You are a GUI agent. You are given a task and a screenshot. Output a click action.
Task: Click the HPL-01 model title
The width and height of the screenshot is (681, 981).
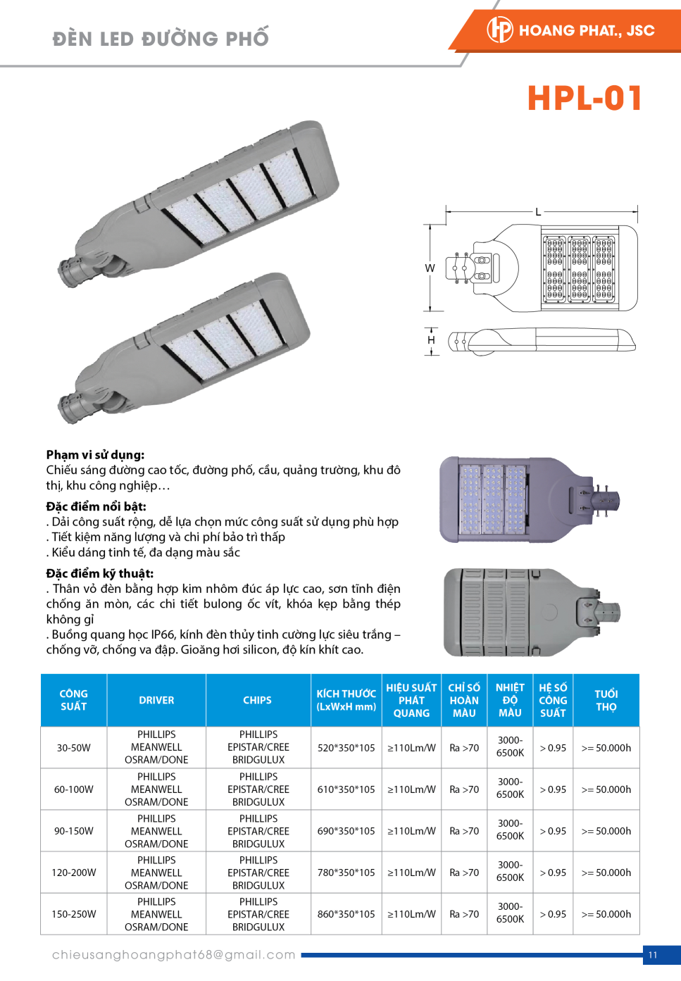[585, 99]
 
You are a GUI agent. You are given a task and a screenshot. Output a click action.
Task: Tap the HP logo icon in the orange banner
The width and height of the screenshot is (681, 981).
[500, 30]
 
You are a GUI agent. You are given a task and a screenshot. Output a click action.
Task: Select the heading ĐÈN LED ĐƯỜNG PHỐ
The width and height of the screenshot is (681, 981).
[161, 38]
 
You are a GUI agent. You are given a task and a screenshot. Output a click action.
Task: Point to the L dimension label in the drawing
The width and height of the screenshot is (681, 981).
[538, 211]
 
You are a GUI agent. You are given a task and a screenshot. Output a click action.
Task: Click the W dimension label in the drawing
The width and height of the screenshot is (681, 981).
[430, 268]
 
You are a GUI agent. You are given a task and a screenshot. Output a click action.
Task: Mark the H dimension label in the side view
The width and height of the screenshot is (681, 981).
[431, 340]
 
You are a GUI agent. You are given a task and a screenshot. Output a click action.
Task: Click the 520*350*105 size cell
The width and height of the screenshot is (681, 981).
[346, 748]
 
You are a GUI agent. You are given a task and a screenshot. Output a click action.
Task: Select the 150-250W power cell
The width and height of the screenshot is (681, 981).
[74, 914]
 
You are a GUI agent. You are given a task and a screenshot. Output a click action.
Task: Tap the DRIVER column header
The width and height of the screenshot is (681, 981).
[156, 700]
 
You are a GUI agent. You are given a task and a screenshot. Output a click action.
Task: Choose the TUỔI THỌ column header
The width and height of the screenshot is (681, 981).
[606, 700]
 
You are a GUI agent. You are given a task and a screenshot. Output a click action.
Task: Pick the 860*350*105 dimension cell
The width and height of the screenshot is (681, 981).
[346, 914]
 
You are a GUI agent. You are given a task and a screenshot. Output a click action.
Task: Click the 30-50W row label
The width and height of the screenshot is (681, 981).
[74, 748]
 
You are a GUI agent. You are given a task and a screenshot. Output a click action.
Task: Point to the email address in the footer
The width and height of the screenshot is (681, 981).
[174, 955]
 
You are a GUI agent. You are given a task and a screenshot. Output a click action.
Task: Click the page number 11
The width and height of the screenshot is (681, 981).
[653, 955]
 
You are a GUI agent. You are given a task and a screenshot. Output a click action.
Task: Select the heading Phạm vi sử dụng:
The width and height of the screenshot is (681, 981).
[95, 455]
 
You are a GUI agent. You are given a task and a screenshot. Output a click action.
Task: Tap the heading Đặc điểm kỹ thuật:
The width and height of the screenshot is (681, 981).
[100, 573]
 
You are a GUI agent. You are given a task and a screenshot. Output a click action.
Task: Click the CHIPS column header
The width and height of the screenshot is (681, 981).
[257, 700]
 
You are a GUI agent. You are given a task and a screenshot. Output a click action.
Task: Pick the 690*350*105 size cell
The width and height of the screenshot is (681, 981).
[346, 831]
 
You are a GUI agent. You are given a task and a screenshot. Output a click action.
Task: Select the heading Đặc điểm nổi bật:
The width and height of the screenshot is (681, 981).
[96, 506]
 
